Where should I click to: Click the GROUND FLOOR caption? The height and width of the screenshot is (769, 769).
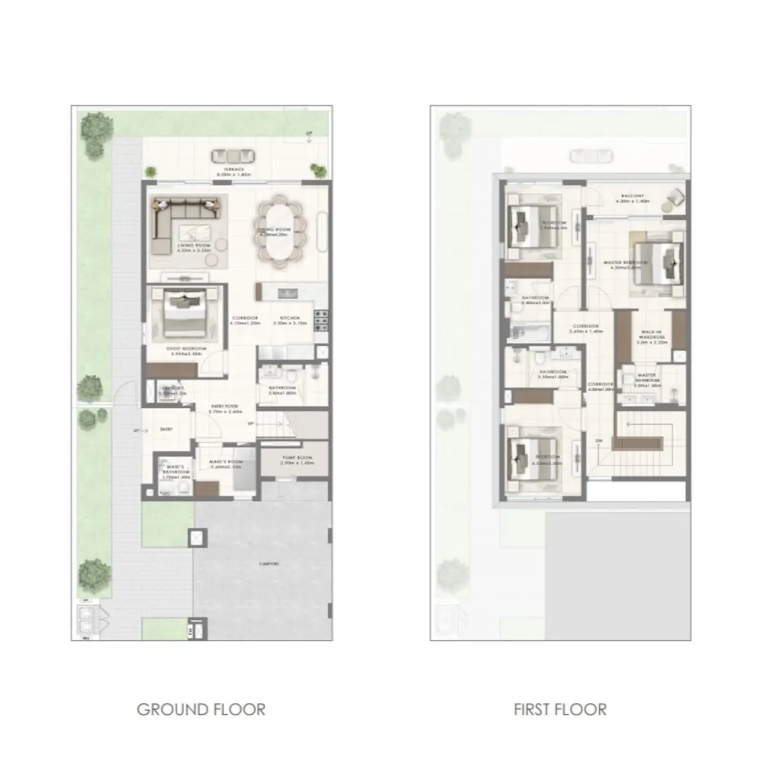(x=201, y=710)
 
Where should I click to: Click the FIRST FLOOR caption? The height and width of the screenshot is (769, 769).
(x=559, y=710)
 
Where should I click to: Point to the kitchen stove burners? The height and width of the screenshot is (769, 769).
(x=322, y=320)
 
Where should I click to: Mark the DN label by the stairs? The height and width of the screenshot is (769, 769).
(x=598, y=440)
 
